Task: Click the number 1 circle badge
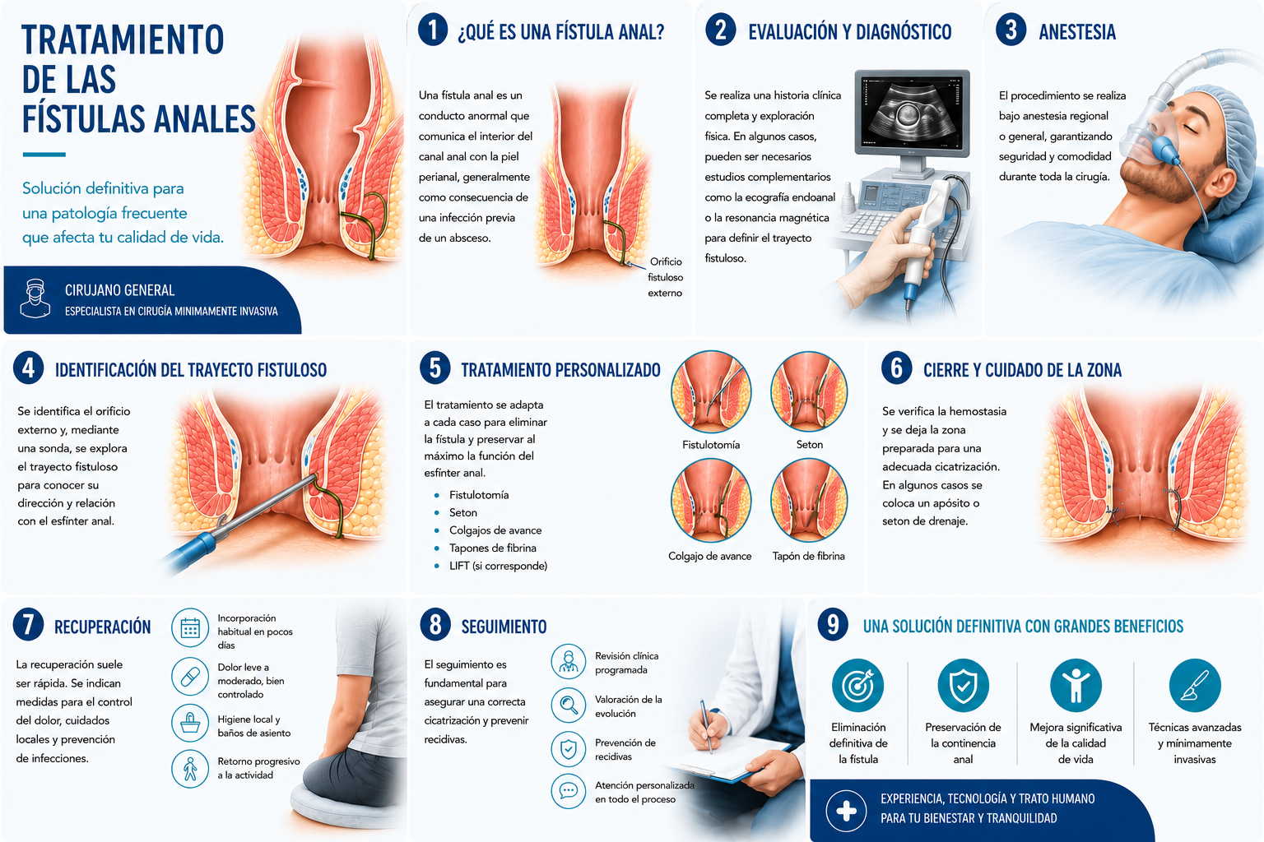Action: pos(433,30)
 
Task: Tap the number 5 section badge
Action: pos(435,368)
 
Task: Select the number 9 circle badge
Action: pos(832,625)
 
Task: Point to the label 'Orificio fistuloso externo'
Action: pos(665,277)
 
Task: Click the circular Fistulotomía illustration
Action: pos(710,392)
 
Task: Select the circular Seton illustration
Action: pos(809,392)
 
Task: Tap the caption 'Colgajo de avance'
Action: pos(710,556)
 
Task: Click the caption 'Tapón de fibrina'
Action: pos(809,556)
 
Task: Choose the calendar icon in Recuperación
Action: pos(190,627)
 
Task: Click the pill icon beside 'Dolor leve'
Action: pos(190,676)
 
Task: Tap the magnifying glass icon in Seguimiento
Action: pos(569,705)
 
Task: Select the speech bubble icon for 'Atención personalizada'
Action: pos(569,791)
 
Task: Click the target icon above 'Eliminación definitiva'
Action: pos(857,685)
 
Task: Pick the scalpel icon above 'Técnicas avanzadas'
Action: pos(1195,685)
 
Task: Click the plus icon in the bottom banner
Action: pos(846,811)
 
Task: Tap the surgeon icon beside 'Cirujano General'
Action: pos(35,298)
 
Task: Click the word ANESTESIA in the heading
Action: pos(1077,32)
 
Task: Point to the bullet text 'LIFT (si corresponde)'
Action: pos(498,566)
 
